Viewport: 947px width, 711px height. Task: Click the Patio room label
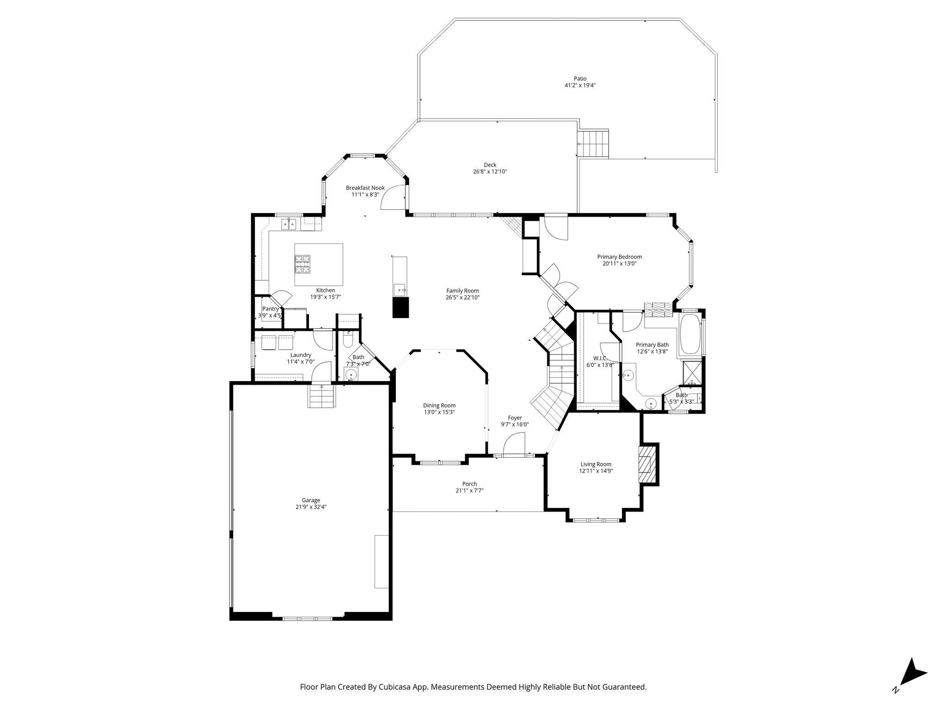click(580, 79)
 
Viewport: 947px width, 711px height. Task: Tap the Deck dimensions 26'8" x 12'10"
click(490, 172)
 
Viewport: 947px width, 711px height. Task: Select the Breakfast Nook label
click(365, 188)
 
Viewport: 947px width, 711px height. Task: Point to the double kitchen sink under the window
click(289, 225)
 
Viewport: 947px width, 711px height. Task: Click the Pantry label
click(271, 309)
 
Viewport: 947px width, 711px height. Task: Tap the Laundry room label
click(301, 355)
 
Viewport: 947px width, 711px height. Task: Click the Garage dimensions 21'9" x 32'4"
click(311, 507)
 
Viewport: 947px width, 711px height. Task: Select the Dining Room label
click(439, 405)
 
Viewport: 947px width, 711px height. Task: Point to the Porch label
click(469, 484)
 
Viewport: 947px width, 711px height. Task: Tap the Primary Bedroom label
click(619, 257)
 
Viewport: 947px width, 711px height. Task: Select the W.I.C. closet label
click(596, 358)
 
